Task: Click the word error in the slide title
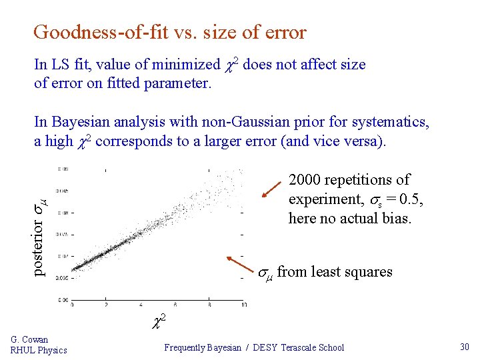point(283,32)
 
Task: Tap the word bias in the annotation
point(396,218)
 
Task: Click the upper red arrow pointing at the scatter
point(273,188)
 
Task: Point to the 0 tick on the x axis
point(72,305)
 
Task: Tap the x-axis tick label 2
point(107,305)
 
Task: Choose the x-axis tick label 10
point(243,305)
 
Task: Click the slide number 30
point(465,347)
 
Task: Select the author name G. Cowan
point(29,339)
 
